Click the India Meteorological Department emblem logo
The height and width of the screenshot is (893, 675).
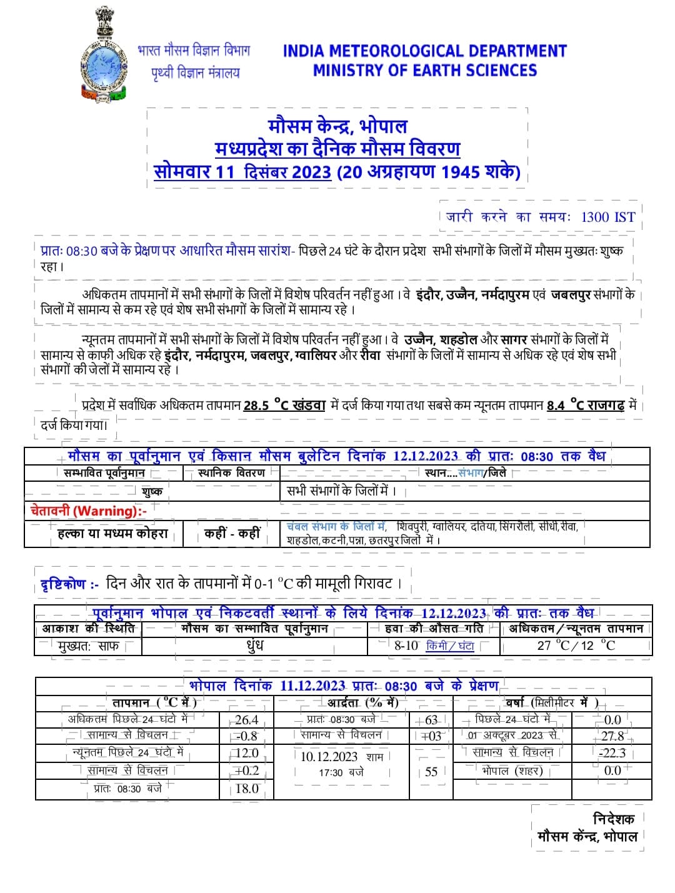(x=103, y=56)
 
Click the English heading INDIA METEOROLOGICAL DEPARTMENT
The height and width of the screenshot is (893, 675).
(x=424, y=51)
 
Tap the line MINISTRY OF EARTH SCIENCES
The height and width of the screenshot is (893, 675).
(x=424, y=71)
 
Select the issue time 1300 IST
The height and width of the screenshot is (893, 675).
(x=607, y=217)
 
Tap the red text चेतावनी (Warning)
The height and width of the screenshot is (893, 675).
(x=88, y=511)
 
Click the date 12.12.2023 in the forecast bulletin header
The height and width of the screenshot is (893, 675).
(x=425, y=456)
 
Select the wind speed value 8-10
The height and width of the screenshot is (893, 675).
(x=406, y=646)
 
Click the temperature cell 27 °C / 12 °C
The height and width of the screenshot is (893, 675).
(x=576, y=646)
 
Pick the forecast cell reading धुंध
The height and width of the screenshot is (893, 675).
(x=255, y=646)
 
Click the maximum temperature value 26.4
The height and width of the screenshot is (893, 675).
(x=247, y=720)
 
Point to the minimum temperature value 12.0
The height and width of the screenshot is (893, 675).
(x=247, y=753)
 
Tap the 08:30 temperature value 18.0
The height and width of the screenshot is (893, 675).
(x=247, y=788)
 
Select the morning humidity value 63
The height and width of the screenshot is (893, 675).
(x=431, y=720)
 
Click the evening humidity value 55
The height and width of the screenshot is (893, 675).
(x=431, y=772)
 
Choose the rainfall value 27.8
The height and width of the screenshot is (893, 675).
(x=612, y=736)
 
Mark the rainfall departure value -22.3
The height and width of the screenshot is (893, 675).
(x=612, y=753)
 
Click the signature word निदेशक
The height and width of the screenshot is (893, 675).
(x=613, y=819)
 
